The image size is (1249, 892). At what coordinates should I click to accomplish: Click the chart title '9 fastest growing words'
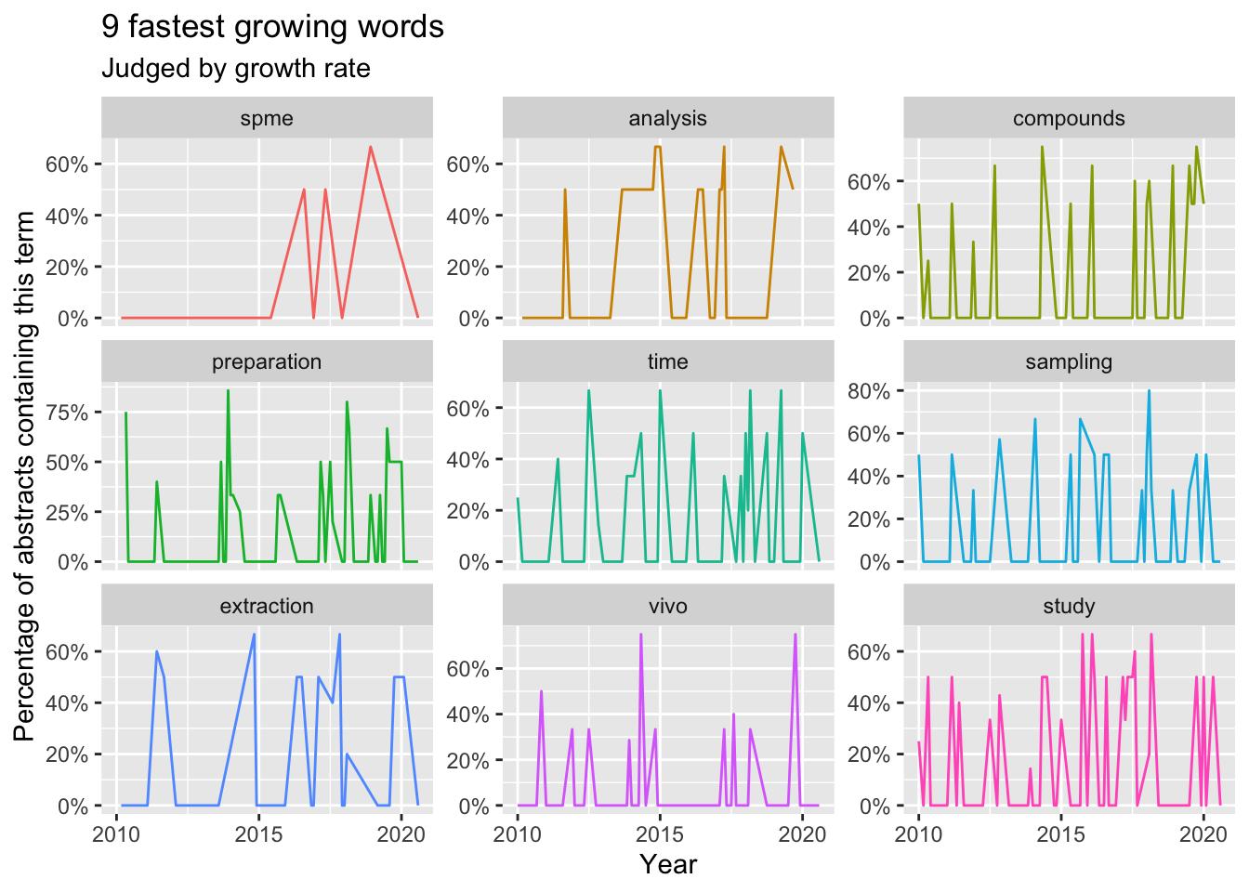[x=272, y=28]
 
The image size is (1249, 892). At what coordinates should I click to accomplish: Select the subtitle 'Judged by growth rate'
[x=235, y=69]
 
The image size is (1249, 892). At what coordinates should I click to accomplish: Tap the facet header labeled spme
[x=267, y=118]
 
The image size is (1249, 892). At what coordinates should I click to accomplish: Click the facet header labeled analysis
[x=667, y=118]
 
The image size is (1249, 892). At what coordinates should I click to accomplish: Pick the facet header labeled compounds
[x=1069, y=118]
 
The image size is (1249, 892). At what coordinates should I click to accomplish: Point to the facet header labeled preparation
[x=267, y=361]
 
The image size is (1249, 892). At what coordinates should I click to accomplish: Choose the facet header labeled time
[x=667, y=361]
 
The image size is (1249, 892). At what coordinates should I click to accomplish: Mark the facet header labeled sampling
[x=1069, y=361]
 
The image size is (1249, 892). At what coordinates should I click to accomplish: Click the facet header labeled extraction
[x=267, y=606]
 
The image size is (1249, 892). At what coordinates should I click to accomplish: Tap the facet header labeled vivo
[x=667, y=606]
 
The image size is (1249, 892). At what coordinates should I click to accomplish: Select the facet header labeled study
[x=1069, y=606]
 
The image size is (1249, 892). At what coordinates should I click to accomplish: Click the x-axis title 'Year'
[x=667, y=864]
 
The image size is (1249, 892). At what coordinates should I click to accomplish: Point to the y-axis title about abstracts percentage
[x=25, y=476]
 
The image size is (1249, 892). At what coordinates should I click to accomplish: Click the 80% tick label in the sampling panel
[x=870, y=391]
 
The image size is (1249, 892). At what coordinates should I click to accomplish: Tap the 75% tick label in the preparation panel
[x=66, y=413]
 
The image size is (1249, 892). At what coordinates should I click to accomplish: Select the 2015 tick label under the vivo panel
[x=660, y=833]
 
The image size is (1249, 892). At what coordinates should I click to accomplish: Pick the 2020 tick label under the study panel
[x=1203, y=833]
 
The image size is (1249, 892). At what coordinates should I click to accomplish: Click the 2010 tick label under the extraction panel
[x=117, y=833]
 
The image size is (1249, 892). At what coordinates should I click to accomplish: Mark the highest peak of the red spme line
[x=371, y=147]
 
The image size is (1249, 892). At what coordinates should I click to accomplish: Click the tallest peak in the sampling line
[x=1149, y=391]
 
